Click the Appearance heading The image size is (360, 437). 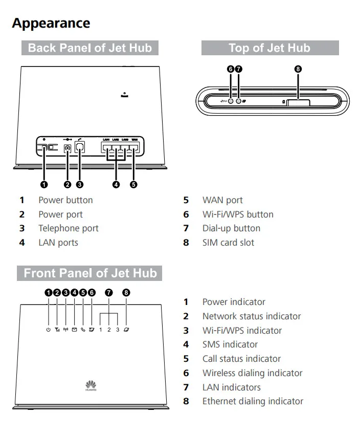pyautogui.click(x=51, y=23)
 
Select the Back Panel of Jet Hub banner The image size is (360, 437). pyautogui.click(x=90, y=48)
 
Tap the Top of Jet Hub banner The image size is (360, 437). pyautogui.click(x=269, y=48)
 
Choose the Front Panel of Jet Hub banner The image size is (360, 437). pyautogui.click(x=90, y=273)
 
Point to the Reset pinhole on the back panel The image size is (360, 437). pyautogui.click(x=124, y=93)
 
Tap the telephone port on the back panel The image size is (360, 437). pyautogui.click(x=80, y=148)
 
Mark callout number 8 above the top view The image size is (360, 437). pyautogui.click(x=299, y=69)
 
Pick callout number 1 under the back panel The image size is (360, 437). pyautogui.click(x=44, y=184)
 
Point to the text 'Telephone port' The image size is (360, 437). pyautogui.click(x=69, y=228)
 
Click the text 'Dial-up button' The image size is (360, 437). pyautogui.click(x=231, y=228)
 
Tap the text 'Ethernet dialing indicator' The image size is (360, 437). pyautogui.click(x=253, y=401)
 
